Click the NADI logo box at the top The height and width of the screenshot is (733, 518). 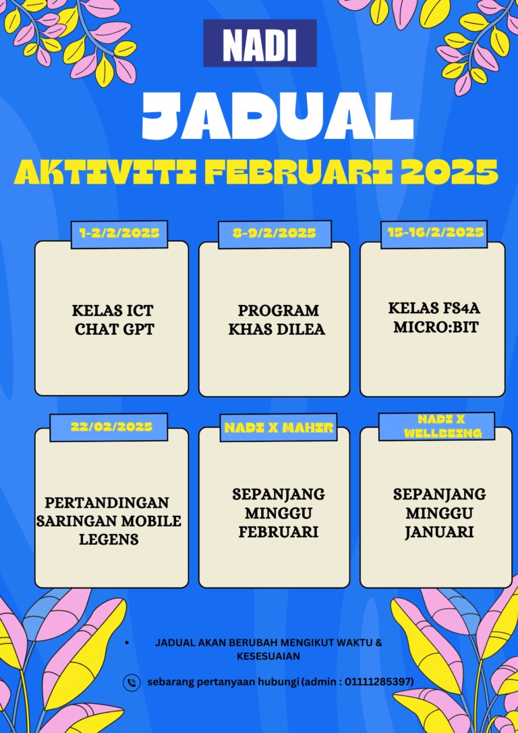[260, 43]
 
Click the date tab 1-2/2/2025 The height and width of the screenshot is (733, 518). [119, 234]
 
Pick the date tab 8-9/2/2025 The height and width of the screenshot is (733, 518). [275, 234]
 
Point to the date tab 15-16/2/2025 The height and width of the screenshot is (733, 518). [434, 234]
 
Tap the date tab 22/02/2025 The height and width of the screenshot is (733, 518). [109, 427]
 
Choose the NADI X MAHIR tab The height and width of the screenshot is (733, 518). [279, 427]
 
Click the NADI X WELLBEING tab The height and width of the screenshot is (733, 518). [437, 427]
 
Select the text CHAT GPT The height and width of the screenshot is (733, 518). [115, 329]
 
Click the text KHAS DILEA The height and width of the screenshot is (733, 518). [277, 329]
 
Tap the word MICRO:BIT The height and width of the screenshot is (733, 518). [436, 327]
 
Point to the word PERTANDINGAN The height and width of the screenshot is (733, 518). [107, 503]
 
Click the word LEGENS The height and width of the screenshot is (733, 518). [109, 539]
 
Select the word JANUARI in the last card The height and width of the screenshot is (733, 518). [440, 532]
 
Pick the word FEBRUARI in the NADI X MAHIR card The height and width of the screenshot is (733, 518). [279, 532]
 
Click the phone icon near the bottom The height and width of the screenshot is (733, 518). [132, 682]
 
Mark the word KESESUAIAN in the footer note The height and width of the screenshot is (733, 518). [268, 656]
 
